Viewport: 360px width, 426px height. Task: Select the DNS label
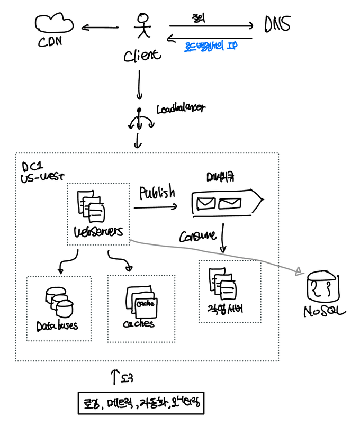276,24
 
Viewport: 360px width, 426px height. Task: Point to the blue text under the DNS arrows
210,47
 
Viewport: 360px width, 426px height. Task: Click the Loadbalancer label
181,109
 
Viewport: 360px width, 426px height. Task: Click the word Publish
157,193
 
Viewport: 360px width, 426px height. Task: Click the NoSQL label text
324,312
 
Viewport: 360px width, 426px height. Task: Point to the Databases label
57,324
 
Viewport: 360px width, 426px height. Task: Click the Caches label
139,323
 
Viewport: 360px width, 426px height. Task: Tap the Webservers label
98,232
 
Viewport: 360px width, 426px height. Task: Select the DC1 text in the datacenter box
26,165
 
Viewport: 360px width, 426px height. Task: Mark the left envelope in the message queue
206,202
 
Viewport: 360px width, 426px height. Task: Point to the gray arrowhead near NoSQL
299,271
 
